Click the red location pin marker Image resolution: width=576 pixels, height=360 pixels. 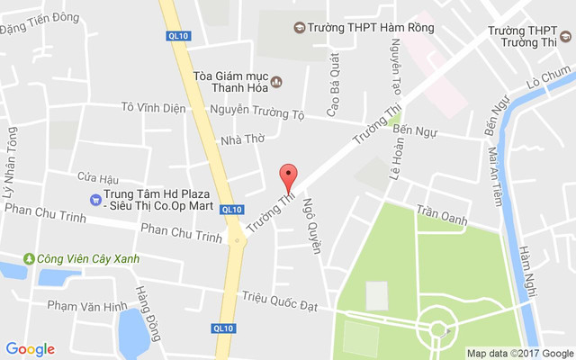(288, 175)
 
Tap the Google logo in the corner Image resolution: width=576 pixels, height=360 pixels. (30, 349)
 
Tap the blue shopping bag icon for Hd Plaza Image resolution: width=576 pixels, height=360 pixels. (94, 200)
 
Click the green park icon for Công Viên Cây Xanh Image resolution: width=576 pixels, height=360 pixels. (29, 259)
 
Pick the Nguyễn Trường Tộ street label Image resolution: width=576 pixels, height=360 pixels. (257, 114)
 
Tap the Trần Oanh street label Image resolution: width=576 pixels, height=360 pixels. (441, 216)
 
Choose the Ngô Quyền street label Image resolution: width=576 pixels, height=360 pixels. (310, 225)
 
